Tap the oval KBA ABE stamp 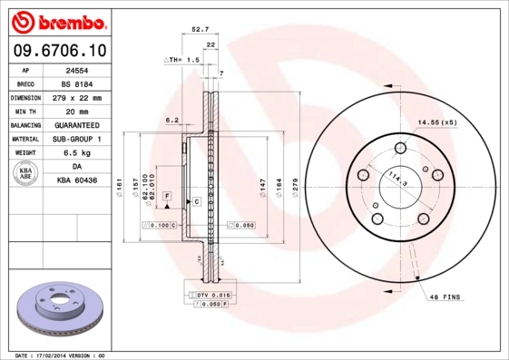click(x=25, y=174)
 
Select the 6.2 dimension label click(x=171, y=119)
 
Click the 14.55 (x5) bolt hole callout click(x=436, y=122)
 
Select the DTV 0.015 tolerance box click(x=210, y=296)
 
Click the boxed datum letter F click(x=167, y=196)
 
